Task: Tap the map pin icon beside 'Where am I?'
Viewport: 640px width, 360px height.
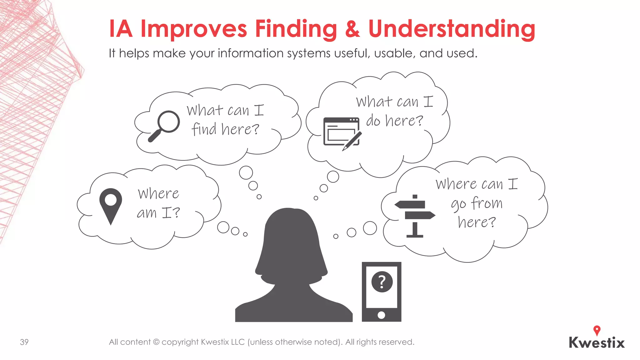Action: [111, 205]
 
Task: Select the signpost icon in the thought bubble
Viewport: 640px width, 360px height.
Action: [415, 216]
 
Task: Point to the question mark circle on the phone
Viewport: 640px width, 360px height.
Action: [382, 282]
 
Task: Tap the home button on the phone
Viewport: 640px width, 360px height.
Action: [381, 315]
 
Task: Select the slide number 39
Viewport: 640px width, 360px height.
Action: [24, 342]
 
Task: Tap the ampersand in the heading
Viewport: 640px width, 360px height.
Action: [352, 29]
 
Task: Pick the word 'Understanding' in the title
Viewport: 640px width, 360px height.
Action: [452, 29]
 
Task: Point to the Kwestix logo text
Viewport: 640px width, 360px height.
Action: [597, 343]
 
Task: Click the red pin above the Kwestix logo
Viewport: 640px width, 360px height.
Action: [597, 330]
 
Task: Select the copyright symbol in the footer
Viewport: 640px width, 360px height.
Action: [156, 342]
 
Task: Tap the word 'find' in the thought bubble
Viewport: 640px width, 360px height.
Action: [204, 129]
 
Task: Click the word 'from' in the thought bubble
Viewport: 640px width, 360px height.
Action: [487, 203]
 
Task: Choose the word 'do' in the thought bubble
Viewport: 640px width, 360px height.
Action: [373, 121]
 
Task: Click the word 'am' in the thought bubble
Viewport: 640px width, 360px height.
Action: [147, 213]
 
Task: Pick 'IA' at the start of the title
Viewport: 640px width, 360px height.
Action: [121, 29]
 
